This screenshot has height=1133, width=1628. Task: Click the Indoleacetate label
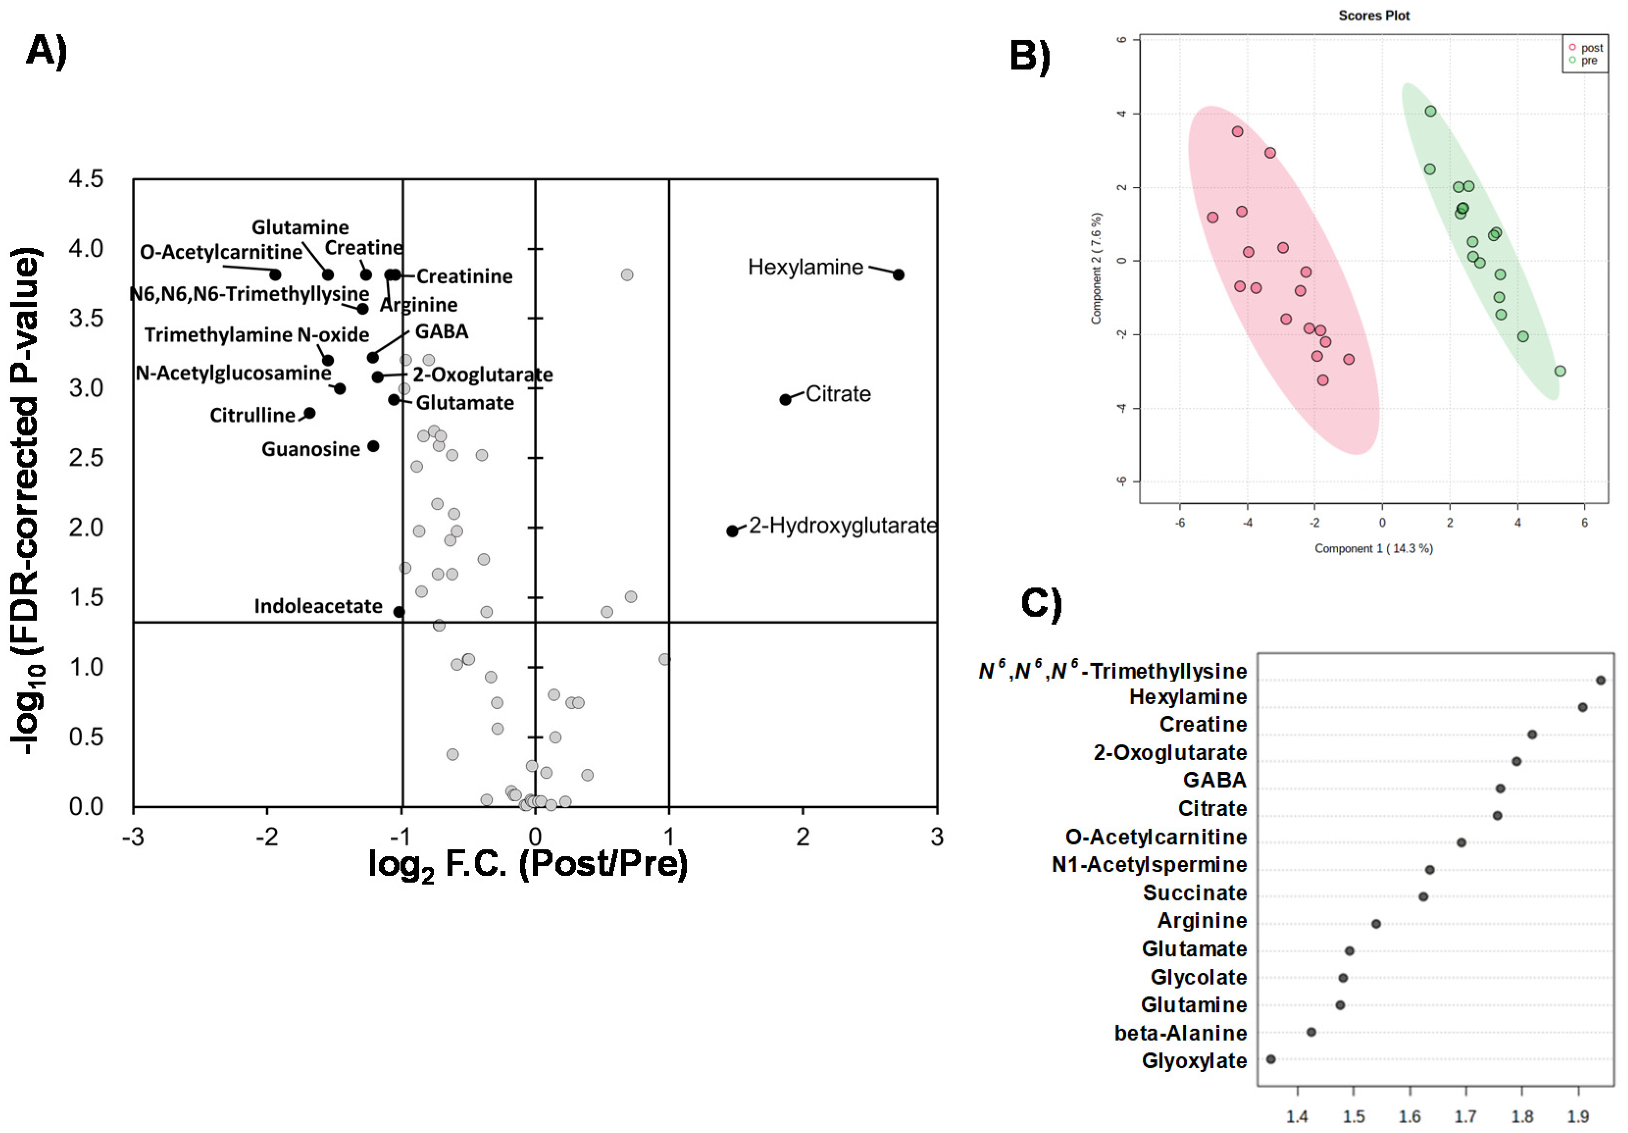pos(318,606)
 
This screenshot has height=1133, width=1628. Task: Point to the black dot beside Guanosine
pos(373,446)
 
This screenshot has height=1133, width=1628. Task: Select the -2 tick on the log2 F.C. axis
pos(267,837)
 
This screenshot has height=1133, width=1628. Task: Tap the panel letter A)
pos(47,51)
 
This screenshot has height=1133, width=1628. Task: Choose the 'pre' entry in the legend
pos(1588,61)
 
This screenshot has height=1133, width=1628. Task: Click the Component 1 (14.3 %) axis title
pos(1374,548)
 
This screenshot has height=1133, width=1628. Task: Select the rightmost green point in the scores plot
pos(1560,371)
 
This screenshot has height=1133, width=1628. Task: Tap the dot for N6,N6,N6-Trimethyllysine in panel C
pos(1601,680)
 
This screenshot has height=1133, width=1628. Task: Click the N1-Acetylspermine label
pos(1150,864)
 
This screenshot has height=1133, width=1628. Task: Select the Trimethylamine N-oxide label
pos(257,335)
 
